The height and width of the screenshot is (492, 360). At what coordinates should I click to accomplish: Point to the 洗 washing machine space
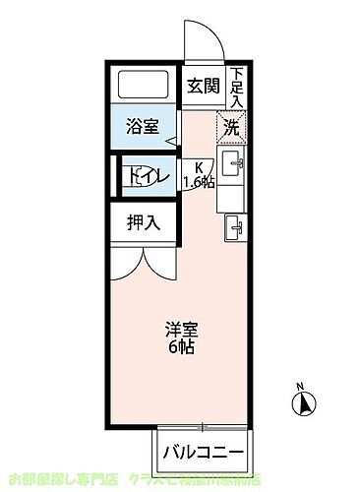[x=231, y=126]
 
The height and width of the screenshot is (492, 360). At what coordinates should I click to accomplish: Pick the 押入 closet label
[x=143, y=223]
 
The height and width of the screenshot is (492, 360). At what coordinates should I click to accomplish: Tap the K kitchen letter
[x=199, y=166]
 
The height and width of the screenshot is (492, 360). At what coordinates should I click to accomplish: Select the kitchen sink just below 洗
[x=233, y=162]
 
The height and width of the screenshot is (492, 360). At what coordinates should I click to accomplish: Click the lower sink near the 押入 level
[x=234, y=227]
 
